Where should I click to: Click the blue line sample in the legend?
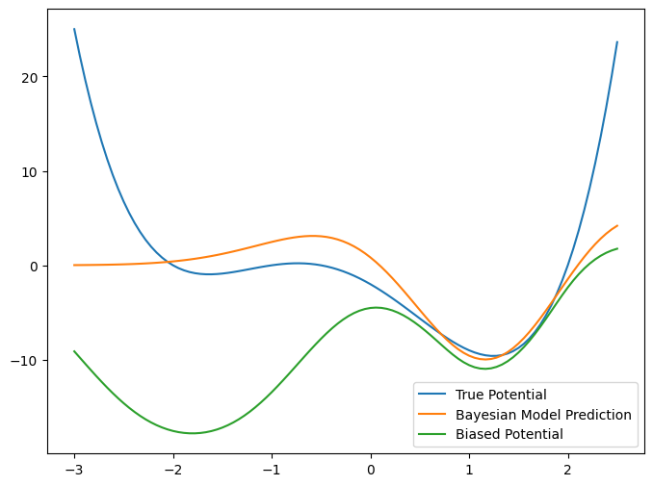pyautogui.click(x=431, y=395)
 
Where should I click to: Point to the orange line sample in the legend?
pyautogui.click(x=431, y=415)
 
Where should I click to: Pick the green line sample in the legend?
pyautogui.click(x=431, y=434)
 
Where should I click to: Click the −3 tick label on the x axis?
pyautogui.click(x=74, y=471)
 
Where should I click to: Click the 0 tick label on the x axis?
pyautogui.click(x=371, y=471)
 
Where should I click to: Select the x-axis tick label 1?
pyautogui.click(x=469, y=471)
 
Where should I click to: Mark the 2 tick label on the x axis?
pyautogui.click(x=568, y=471)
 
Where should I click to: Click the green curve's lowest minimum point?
pyautogui.click(x=193, y=433)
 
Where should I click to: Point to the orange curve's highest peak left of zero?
pyautogui.click(x=312, y=236)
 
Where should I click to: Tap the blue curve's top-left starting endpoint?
pyautogui.click(x=75, y=29)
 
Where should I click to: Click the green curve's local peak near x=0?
pyautogui.click(x=376, y=308)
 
